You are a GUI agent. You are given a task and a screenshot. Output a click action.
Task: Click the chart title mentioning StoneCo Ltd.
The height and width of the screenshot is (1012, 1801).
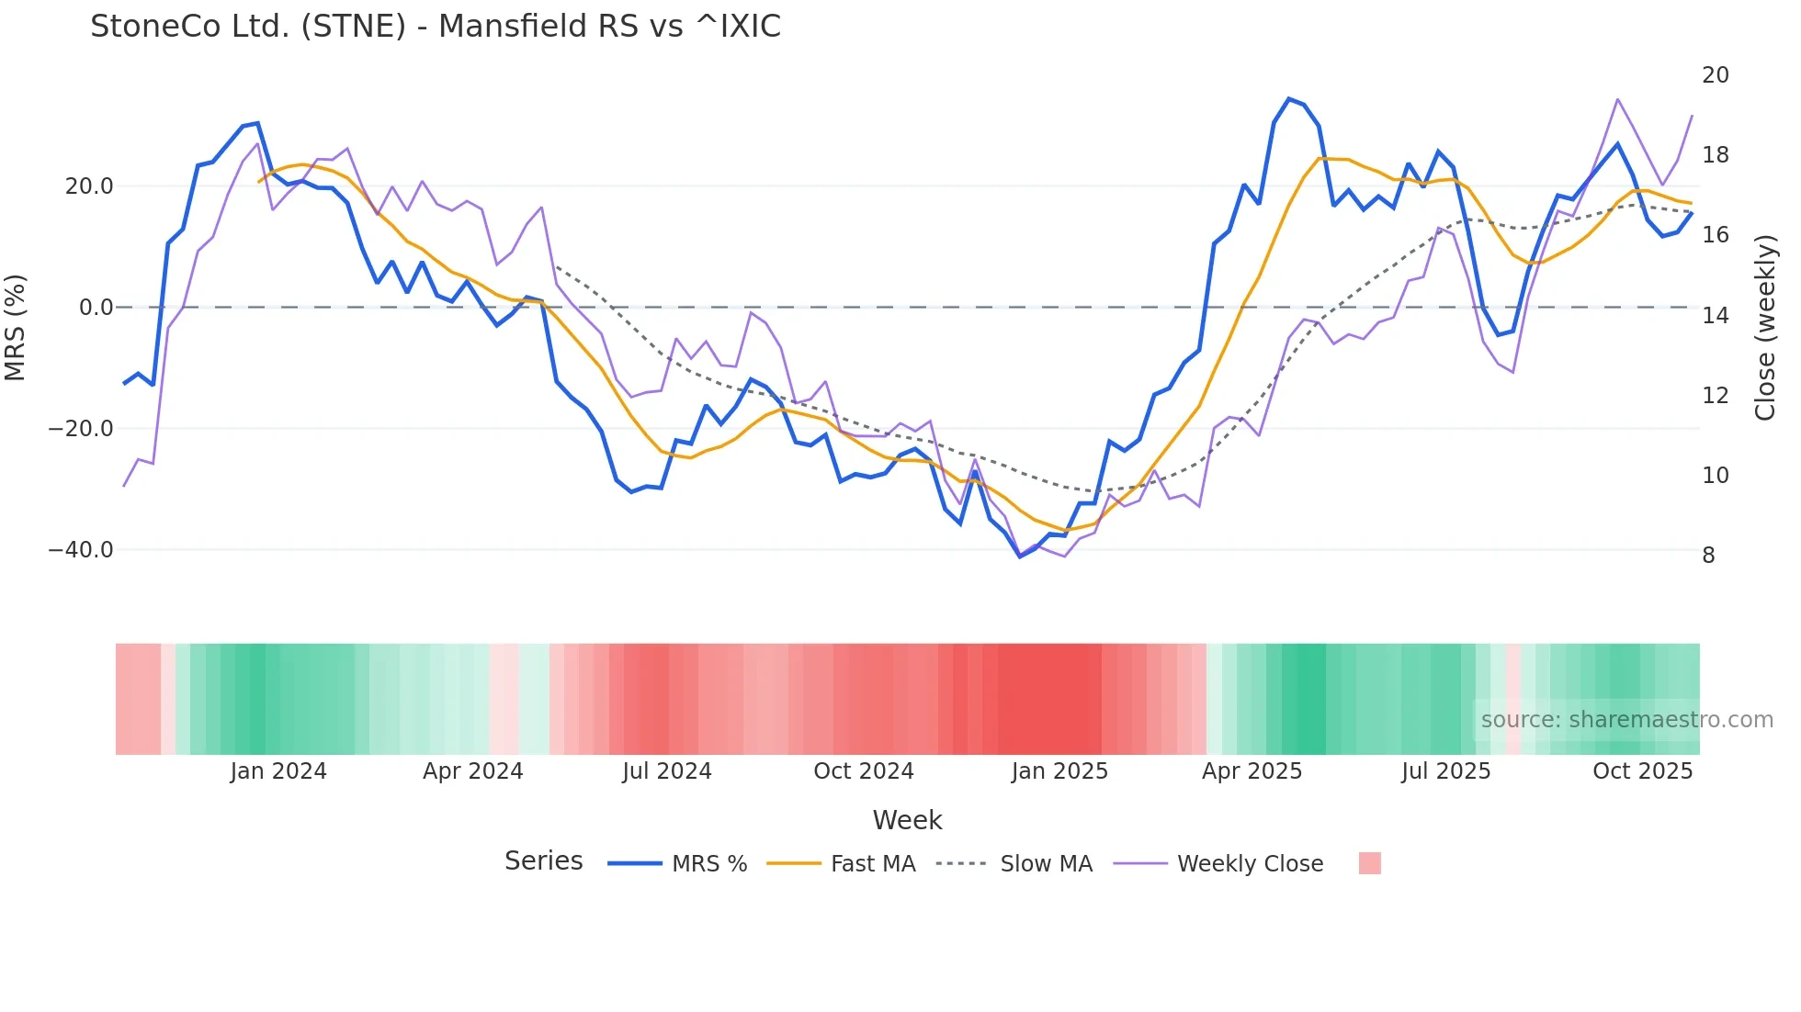436,27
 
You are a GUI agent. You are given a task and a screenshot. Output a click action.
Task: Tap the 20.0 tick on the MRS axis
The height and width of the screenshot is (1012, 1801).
89,186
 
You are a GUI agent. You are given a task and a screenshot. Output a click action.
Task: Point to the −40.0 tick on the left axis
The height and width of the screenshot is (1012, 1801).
81,550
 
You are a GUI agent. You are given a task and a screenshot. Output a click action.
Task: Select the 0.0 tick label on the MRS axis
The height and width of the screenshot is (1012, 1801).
96,308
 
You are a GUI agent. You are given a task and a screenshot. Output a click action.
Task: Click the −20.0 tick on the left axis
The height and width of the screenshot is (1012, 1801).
81,429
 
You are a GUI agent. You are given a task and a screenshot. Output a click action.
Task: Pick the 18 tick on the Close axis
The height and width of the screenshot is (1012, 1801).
1715,155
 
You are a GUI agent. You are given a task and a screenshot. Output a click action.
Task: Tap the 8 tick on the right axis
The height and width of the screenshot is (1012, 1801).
1708,556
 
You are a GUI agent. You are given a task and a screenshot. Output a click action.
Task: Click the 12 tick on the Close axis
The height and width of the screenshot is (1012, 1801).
1715,396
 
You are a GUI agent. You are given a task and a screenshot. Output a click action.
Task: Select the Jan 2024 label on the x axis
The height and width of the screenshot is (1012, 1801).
278,771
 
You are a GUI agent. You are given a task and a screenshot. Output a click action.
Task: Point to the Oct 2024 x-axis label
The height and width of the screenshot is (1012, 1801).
864,771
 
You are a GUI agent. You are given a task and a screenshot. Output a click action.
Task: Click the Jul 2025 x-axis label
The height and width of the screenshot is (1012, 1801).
1445,771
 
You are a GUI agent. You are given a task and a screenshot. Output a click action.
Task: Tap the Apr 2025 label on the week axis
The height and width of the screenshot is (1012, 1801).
1252,771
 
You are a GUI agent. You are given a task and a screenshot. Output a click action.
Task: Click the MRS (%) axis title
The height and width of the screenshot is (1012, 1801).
16,327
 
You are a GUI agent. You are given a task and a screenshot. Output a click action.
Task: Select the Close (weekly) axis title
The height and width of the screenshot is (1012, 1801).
1765,328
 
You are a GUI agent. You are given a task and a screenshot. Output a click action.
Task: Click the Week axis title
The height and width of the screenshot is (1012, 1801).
907,820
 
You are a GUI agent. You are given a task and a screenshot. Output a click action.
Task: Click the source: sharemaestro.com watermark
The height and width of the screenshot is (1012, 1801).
1626,720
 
